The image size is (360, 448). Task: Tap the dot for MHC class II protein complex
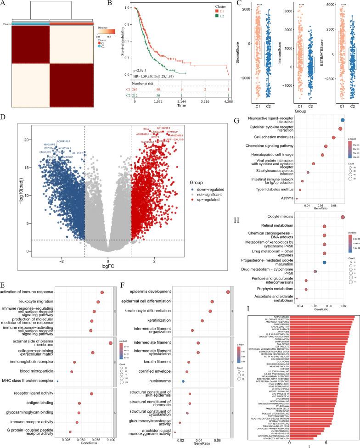58,342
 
